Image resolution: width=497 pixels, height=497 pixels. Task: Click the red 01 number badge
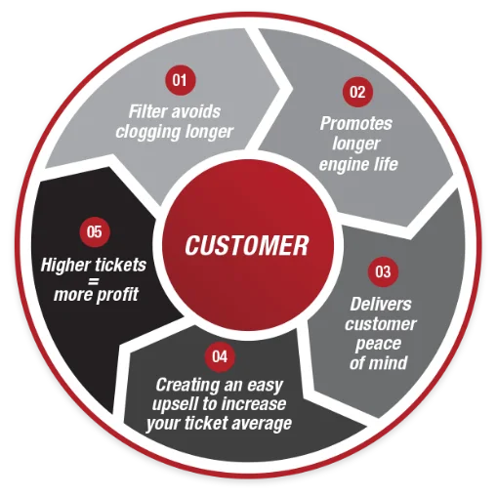[x=180, y=80]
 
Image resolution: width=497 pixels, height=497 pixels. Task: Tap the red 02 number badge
[x=357, y=92]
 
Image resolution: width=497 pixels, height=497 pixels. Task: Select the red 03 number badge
[x=383, y=271]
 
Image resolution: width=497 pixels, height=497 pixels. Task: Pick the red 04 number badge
[x=220, y=356]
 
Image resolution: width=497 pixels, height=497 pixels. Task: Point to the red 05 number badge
[x=95, y=231]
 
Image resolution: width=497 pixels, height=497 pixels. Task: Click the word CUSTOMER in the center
[x=246, y=245]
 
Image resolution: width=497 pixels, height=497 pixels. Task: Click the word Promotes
[x=356, y=123]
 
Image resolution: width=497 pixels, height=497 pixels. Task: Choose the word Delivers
[x=381, y=304]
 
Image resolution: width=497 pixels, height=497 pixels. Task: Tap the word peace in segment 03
[x=378, y=344]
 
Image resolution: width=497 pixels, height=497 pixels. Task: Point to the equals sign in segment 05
[x=94, y=280]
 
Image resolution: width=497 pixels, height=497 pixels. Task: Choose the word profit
[x=117, y=295]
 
